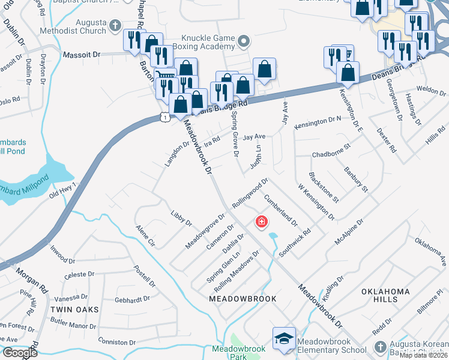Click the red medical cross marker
pos(261,223)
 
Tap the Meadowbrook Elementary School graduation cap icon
pos(284,338)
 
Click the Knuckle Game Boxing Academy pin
pos(243,41)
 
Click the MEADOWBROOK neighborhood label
pos(243,299)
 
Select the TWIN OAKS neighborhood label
pos(74,309)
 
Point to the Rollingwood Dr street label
pos(250,193)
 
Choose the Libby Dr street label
pos(181,218)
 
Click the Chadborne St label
pos(331,151)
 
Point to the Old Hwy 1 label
pos(62,191)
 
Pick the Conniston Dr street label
pos(116,342)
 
